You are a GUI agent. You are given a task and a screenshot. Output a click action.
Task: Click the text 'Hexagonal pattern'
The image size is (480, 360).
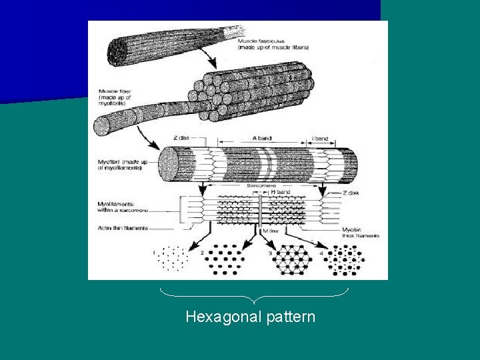point(250,317)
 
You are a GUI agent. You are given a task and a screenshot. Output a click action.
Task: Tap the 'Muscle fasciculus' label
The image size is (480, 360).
point(273,45)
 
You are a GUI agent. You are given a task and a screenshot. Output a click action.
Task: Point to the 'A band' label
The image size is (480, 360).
point(262,139)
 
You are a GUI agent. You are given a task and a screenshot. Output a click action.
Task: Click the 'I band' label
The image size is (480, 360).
point(321,139)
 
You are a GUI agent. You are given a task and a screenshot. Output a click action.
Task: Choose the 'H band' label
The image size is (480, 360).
point(281,192)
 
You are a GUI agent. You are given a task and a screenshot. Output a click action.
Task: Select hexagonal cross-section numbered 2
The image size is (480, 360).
point(223,259)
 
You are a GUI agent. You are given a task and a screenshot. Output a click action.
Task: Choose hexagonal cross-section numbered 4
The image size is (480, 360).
point(346,259)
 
